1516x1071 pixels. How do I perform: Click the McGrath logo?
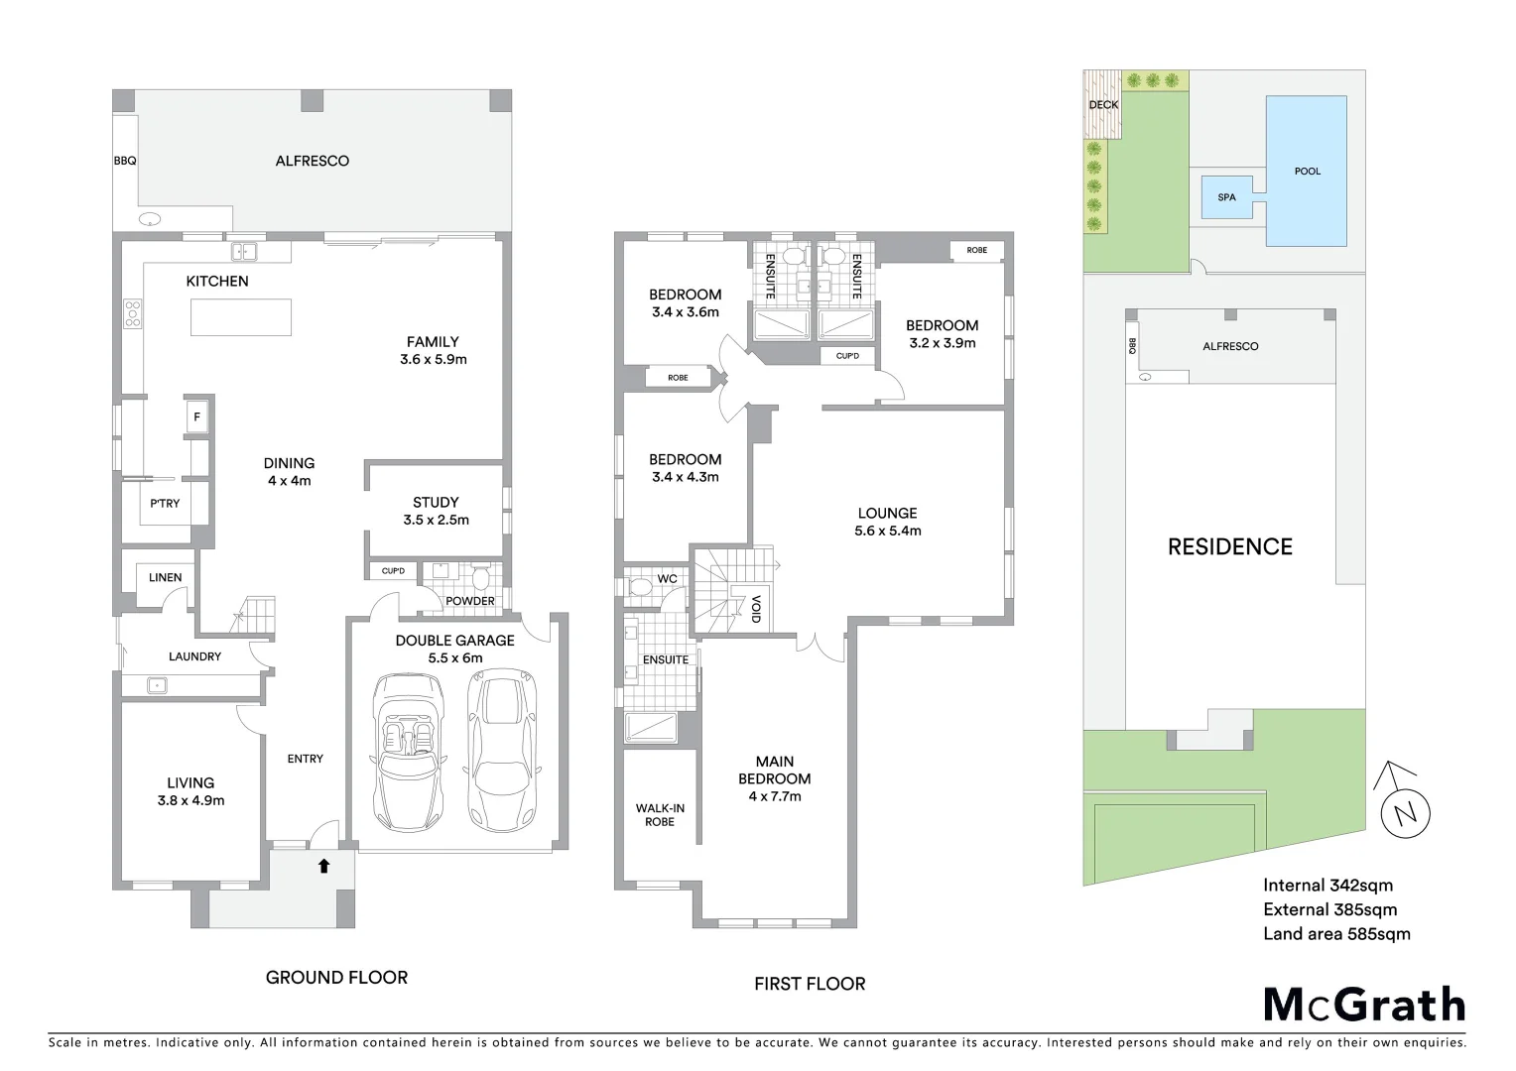tap(1364, 1005)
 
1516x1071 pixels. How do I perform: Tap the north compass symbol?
tap(1404, 812)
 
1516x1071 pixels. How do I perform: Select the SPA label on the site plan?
tap(1226, 197)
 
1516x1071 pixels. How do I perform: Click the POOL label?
tap(1307, 172)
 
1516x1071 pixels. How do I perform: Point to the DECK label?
tap(1103, 104)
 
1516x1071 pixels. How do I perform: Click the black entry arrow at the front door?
tap(323, 866)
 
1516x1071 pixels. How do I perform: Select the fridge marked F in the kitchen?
tap(196, 417)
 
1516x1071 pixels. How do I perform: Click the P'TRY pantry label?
tap(165, 504)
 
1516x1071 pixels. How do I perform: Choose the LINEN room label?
tap(165, 577)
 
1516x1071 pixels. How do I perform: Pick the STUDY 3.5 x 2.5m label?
tap(436, 511)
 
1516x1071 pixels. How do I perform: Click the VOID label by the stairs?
tap(756, 608)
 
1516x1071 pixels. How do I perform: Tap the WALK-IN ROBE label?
tap(660, 815)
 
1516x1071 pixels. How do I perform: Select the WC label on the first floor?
tap(667, 579)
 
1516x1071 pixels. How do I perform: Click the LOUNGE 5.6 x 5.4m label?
tap(887, 522)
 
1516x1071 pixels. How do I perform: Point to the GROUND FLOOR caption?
tap(336, 978)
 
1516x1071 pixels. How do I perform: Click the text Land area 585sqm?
tap(1335, 933)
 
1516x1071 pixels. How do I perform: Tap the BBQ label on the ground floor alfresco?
tap(125, 161)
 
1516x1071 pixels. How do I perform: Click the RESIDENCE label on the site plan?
tap(1229, 547)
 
